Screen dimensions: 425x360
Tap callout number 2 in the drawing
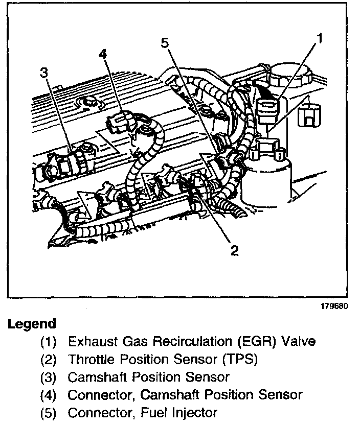tap(234, 250)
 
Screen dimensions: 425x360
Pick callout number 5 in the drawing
tap(164, 43)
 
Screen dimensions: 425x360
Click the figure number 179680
tap(335, 307)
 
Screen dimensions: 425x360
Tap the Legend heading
tap(32, 324)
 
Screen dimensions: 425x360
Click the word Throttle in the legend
tap(91, 359)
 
